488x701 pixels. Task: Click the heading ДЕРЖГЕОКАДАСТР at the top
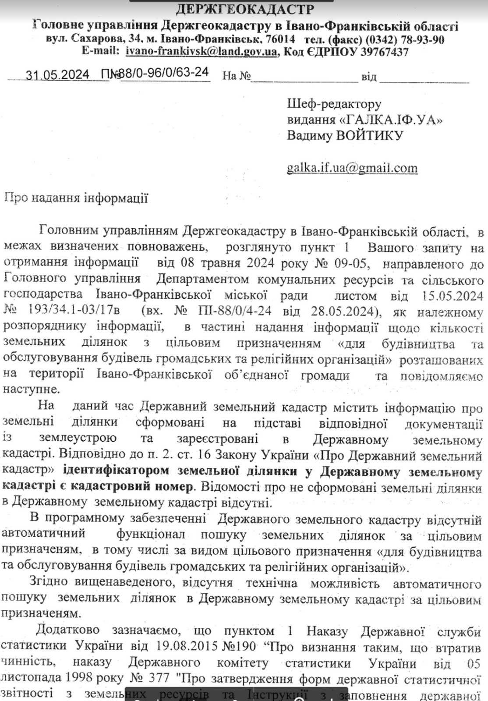[x=245, y=9]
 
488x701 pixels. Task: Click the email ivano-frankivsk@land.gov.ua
[x=201, y=52]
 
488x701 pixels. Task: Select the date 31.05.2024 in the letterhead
[x=57, y=75]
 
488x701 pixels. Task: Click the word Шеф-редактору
[x=334, y=104]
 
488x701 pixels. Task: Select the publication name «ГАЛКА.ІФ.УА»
[x=390, y=120]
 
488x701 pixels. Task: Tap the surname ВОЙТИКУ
[x=369, y=135]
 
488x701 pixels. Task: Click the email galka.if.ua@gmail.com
[x=352, y=168]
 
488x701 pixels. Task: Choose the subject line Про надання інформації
[x=76, y=198]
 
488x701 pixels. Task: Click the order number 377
[x=156, y=678]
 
